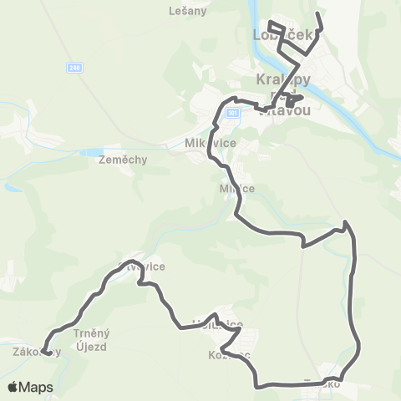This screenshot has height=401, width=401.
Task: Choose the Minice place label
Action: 236,188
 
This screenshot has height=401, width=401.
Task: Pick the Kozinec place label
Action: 224,355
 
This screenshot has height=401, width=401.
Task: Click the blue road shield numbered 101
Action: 232,111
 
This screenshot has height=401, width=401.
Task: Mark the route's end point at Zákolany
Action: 44,352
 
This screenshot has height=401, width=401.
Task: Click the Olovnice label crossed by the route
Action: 142,266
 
